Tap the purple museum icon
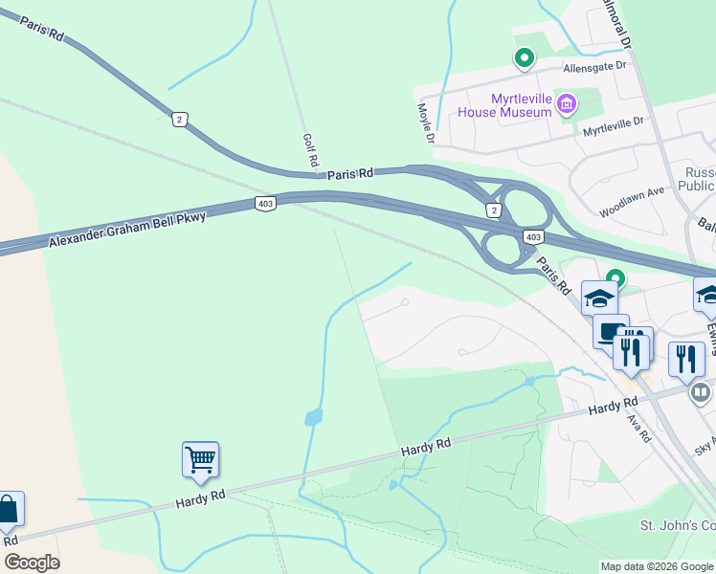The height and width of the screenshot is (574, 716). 567,102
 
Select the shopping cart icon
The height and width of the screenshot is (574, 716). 201,459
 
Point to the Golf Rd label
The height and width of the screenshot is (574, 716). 309,151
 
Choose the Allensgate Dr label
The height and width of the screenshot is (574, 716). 593,67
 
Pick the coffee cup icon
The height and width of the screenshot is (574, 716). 609,331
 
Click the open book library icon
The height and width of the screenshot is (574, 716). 701,391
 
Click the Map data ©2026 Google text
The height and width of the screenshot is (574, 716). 657,566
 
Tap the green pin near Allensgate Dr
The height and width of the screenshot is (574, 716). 524,58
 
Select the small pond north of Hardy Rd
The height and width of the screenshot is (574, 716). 313,417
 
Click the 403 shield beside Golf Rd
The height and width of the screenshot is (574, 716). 266,204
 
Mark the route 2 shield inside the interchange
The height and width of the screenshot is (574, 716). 493,210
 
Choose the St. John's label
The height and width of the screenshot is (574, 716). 676,526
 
